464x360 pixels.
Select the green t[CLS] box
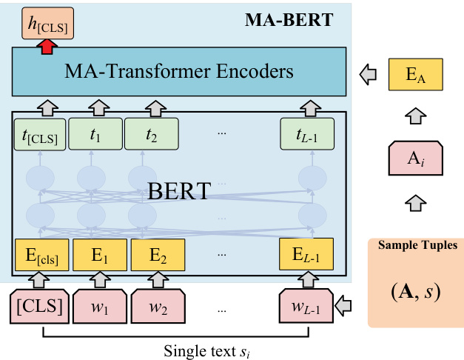point(40,134)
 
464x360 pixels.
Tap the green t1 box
point(95,134)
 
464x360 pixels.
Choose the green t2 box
point(150,134)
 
